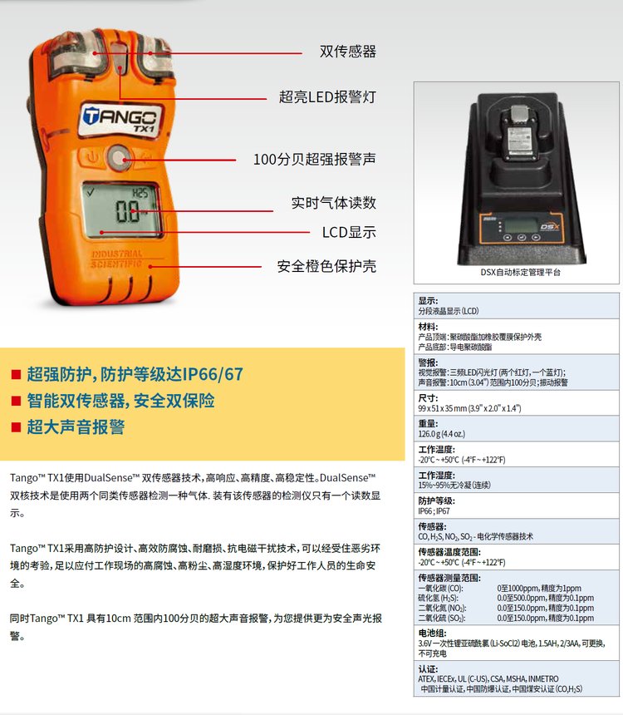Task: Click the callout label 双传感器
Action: click(x=348, y=52)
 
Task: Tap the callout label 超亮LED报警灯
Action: click(x=327, y=97)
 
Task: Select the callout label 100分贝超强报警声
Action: click(x=315, y=159)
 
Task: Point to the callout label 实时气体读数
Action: click(x=334, y=203)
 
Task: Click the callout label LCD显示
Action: click(x=349, y=233)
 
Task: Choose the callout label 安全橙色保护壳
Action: click(x=326, y=266)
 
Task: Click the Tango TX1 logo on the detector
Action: click(x=120, y=120)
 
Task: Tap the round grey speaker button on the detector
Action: click(x=119, y=158)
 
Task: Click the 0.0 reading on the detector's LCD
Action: click(x=127, y=211)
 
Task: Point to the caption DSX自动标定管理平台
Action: click(x=521, y=272)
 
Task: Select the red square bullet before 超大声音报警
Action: click(x=16, y=427)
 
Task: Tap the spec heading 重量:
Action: click(x=428, y=424)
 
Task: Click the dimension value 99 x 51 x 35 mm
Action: click(x=439, y=408)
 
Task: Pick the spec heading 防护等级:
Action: click(x=437, y=500)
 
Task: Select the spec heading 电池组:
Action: click(x=433, y=633)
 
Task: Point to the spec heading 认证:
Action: click(x=428, y=669)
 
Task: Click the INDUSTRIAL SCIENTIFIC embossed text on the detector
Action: click(x=116, y=259)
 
